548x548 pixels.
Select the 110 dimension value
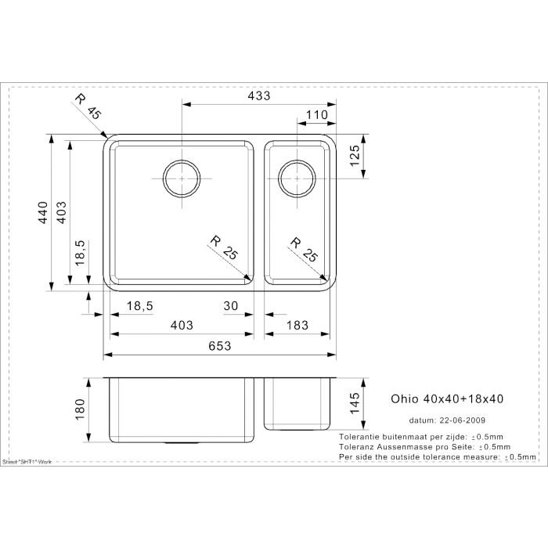click(316, 115)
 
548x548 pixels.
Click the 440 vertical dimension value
click(44, 212)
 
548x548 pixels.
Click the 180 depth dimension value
click(79, 409)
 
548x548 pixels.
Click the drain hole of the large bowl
click(182, 178)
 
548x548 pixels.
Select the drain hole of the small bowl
click(297, 178)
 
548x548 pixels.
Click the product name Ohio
click(404, 398)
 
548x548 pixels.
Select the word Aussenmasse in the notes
click(405, 446)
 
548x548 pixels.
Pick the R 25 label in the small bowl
click(302, 248)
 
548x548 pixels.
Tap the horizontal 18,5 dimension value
click(139, 306)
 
